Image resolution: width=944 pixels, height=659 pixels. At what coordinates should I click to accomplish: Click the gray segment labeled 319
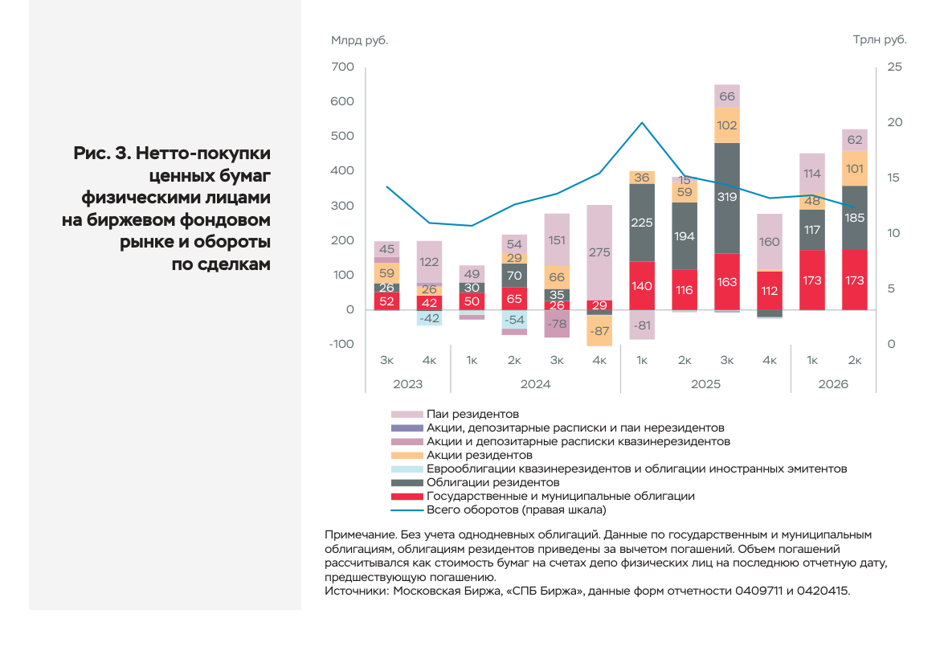[x=726, y=199]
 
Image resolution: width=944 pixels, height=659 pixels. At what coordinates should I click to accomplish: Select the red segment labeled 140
[x=642, y=285]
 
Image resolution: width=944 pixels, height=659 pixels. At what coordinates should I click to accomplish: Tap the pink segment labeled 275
[x=599, y=252]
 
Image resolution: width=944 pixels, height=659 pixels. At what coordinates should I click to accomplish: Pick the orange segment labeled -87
[x=599, y=330]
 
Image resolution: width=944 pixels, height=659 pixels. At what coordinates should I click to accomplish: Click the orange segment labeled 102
[x=726, y=125]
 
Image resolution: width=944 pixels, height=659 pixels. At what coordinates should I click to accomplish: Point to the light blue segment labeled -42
[x=429, y=318]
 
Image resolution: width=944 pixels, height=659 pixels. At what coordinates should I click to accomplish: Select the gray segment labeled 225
[x=642, y=223]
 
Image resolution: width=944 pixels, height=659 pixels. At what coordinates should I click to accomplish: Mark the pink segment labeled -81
[x=642, y=325]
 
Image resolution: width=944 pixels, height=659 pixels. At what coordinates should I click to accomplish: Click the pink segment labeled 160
[x=770, y=242]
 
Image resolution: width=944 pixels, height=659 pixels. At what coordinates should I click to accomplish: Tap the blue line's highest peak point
[x=642, y=122]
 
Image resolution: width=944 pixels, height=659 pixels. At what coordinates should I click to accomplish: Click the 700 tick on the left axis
[x=342, y=66]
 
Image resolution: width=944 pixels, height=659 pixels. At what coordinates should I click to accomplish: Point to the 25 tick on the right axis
[x=895, y=67]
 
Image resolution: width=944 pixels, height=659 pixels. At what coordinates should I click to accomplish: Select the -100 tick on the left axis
[x=341, y=344]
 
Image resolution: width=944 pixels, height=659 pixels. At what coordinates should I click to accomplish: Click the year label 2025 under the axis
[x=705, y=383]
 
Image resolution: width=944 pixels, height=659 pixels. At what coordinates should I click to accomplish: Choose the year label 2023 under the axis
[x=407, y=383]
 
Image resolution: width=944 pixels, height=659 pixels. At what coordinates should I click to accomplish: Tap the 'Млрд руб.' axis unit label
[x=359, y=40]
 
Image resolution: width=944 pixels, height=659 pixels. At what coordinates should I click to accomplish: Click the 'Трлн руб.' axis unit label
[x=880, y=39]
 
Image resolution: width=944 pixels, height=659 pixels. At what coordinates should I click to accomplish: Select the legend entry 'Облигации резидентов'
[x=493, y=482]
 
